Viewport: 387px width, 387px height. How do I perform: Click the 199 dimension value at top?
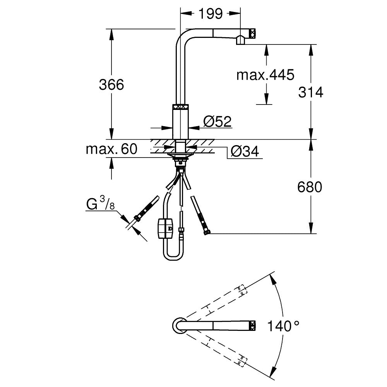(211, 14)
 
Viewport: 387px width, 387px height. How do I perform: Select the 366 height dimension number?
(111, 84)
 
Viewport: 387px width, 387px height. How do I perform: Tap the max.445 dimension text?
(265, 75)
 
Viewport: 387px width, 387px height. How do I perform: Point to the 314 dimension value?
(310, 92)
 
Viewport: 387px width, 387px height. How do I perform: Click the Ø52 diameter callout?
(217, 122)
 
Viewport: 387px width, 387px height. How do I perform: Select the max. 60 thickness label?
(111, 149)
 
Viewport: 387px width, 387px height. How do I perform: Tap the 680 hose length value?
(310, 187)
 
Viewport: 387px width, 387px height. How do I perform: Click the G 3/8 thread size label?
(100, 204)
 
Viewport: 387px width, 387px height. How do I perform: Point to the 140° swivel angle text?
(283, 326)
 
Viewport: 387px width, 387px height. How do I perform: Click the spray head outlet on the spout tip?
(240, 39)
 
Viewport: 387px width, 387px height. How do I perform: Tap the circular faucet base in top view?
(179, 324)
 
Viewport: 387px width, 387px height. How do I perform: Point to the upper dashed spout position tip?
(241, 290)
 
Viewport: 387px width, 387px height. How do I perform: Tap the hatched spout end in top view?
(252, 324)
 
